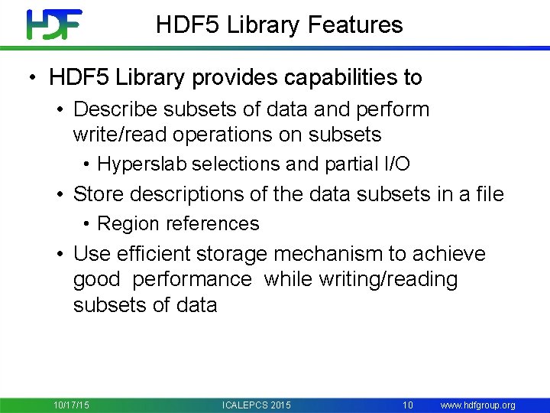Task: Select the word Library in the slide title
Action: [257, 24]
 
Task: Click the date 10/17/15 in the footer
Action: [71, 405]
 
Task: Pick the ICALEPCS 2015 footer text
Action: [256, 405]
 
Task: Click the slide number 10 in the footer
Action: [408, 405]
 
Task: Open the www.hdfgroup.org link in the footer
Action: [478, 405]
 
